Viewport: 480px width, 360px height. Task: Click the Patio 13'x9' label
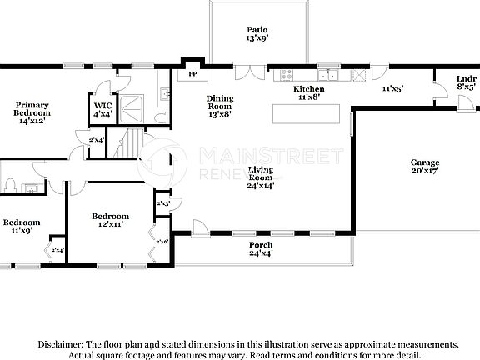tap(257, 34)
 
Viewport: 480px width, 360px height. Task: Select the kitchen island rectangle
tap(307, 112)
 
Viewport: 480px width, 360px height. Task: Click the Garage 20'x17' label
tap(424, 166)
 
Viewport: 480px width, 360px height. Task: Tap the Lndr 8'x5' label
tap(466, 82)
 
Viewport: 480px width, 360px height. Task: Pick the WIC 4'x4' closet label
tap(102, 109)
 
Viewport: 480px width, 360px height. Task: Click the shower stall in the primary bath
tap(132, 105)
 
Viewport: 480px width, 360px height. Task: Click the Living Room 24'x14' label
tap(262, 177)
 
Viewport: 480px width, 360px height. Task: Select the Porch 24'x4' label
tap(261, 248)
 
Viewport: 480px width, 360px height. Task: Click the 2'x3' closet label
tap(162, 203)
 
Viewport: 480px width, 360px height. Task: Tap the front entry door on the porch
tap(200, 227)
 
